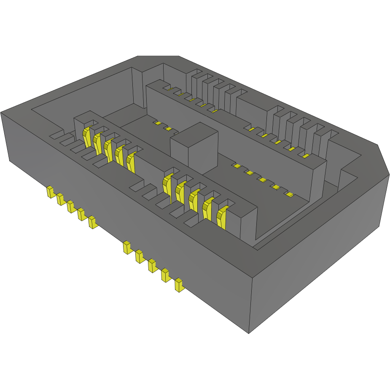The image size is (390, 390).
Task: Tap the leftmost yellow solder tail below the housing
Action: tap(50, 192)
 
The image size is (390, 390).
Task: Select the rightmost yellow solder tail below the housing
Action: tap(179, 285)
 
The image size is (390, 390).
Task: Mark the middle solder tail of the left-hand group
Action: tap(70, 207)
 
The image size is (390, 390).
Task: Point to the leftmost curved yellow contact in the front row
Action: tap(87, 136)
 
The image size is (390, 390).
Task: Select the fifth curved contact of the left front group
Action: tap(131, 162)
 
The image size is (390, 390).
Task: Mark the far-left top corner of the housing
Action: tap(1, 112)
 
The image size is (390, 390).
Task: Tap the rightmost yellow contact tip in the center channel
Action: tap(290, 194)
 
